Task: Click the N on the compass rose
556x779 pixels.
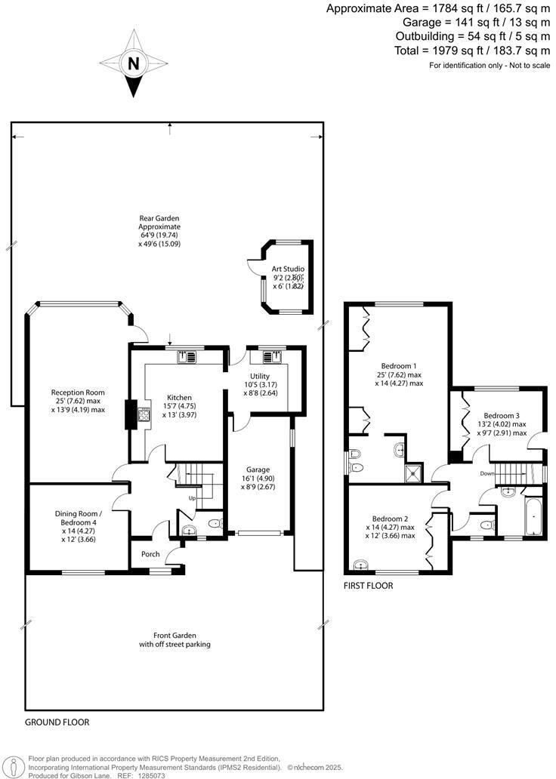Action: pos(134,64)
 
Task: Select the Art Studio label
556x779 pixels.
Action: pos(287,268)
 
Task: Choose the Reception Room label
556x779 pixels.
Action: pos(77,393)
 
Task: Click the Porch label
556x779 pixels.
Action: pos(150,554)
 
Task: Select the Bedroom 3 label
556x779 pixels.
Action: pos(502,416)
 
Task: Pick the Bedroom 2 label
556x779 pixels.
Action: pos(390,519)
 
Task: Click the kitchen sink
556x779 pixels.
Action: pos(187,357)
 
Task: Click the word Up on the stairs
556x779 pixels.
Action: pos(193,499)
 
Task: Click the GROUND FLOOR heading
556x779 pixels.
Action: pos(57,722)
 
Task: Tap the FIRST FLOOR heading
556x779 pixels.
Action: pos(368,585)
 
